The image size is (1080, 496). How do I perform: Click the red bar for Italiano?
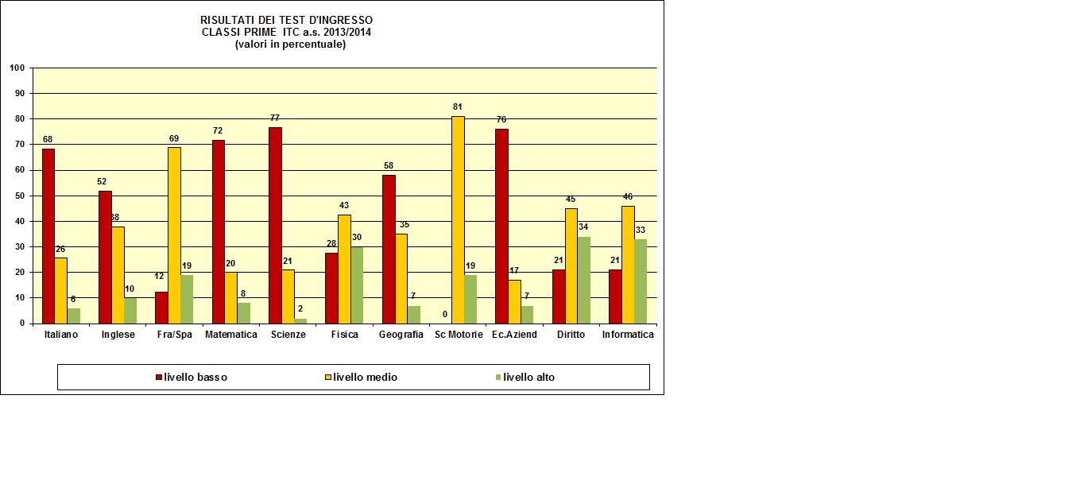pyautogui.click(x=48, y=236)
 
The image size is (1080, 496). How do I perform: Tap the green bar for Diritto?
pyautogui.click(x=584, y=280)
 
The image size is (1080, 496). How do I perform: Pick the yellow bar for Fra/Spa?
pyautogui.click(x=174, y=235)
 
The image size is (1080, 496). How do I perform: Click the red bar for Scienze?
pyautogui.click(x=275, y=225)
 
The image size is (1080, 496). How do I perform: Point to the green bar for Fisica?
pyautogui.click(x=357, y=285)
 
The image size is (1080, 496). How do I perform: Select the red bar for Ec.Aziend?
pyautogui.click(x=502, y=227)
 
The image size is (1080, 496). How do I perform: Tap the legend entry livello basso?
pyautogui.click(x=195, y=378)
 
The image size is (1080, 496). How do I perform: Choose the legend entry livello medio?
pyautogui.click(x=365, y=378)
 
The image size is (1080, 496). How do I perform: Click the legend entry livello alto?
pyautogui.click(x=528, y=378)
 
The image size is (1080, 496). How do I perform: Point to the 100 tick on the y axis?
pyautogui.click(x=17, y=68)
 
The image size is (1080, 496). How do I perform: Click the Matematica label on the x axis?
pyautogui.click(x=231, y=335)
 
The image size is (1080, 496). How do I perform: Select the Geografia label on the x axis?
pyautogui.click(x=401, y=335)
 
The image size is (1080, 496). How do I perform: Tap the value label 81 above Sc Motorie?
pyautogui.click(x=458, y=107)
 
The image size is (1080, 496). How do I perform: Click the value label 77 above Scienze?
pyautogui.click(x=275, y=116)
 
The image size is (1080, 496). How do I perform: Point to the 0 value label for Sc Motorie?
pyautogui.click(x=445, y=314)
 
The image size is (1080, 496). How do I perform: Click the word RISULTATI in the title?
pyautogui.click(x=226, y=20)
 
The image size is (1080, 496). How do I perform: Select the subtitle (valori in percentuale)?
pyautogui.click(x=290, y=45)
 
